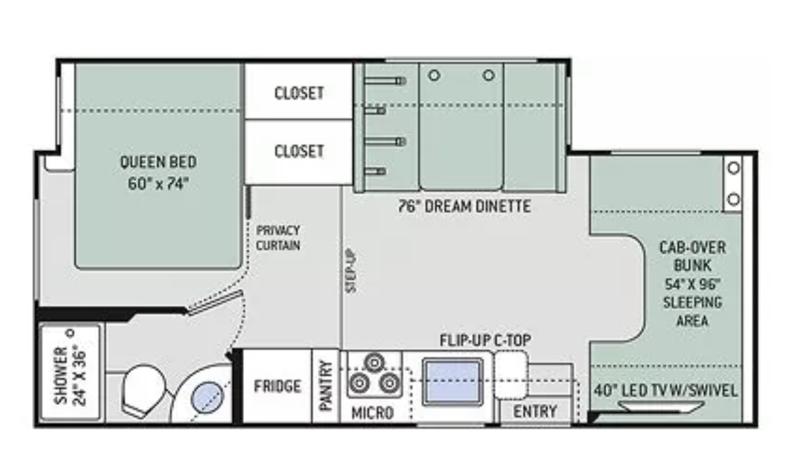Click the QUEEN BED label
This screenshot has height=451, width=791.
click(x=158, y=162)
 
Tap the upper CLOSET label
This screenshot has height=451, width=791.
click(x=299, y=93)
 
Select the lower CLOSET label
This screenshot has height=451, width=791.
click(x=299, y=151)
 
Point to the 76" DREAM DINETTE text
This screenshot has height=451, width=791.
click(x=465, y=206)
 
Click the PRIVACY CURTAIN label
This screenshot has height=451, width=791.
click(x=278, y=238)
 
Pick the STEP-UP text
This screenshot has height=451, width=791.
click(x=352, y=271)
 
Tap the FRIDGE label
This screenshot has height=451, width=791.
click(x=277, y=386)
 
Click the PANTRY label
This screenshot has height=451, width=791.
click(x=325, y=386)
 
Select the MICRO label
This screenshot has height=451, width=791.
click(x=373, y=413)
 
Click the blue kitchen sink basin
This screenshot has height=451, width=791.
click(x=453, y=381)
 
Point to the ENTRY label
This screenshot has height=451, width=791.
click(x=535, y=412)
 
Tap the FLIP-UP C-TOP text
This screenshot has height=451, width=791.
click(x=485, y=340)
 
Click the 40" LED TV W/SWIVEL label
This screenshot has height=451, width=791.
click(x=666, y=391)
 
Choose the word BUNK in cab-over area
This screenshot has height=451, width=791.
click(x=693, y=265)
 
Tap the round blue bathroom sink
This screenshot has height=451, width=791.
click(x=207, y=397)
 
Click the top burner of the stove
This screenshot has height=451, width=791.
click(x=375, y=362)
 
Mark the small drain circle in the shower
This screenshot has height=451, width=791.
click(x=71, y=333)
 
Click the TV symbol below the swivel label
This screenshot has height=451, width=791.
click(x=660, y=407)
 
